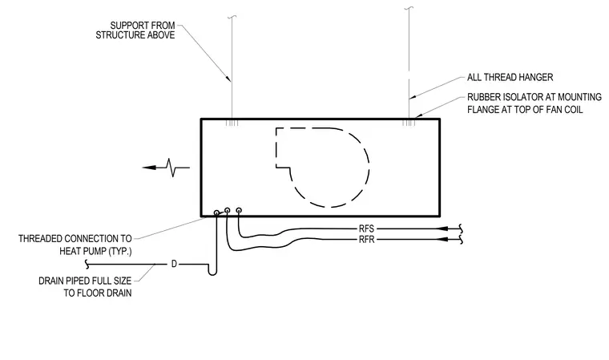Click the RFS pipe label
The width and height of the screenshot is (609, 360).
(366, 229)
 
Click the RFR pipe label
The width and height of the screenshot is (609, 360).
(367, 240)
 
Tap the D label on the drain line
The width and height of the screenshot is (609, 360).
(174, 264)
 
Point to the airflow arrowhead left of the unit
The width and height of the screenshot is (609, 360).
(149, 168)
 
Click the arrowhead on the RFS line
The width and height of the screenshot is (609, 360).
(442, 229)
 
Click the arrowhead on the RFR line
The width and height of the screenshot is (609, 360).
(442, 240)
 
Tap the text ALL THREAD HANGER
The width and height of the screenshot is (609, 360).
(510, 77)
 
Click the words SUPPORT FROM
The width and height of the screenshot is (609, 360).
(143, 26)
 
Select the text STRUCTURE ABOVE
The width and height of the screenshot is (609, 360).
(135, 35)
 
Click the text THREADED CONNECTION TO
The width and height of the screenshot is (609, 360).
(75, 238)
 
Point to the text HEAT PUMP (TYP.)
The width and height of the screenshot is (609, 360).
(95, 251)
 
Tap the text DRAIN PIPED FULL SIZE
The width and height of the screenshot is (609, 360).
(85, 281)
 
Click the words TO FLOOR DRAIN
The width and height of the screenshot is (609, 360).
(98, 293)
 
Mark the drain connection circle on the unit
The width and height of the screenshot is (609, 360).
(216, 212)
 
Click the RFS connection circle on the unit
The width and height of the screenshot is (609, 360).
(239, 210)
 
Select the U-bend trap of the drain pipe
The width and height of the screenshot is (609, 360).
(212, 272)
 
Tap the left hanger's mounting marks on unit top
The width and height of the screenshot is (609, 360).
(232, 123)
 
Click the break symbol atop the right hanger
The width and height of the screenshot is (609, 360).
(409, 8)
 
